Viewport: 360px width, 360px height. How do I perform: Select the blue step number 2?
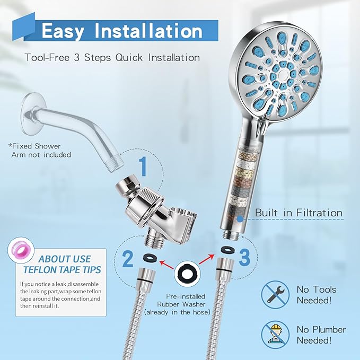[128, 259]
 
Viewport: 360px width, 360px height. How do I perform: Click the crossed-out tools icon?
[275, 294]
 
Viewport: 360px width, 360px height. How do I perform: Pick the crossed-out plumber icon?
[275, 335]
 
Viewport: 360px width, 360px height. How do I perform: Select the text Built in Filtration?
[298, 213]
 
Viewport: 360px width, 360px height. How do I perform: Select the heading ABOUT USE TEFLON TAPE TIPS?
[62, 264]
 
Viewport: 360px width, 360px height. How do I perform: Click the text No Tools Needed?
[317, 295]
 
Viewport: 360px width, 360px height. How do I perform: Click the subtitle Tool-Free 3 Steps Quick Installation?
[112, 57]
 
